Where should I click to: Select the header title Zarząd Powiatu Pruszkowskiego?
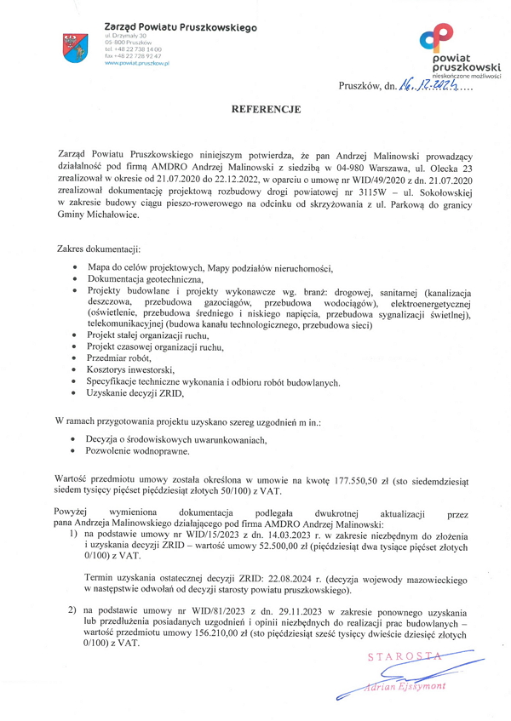(180, 28)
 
